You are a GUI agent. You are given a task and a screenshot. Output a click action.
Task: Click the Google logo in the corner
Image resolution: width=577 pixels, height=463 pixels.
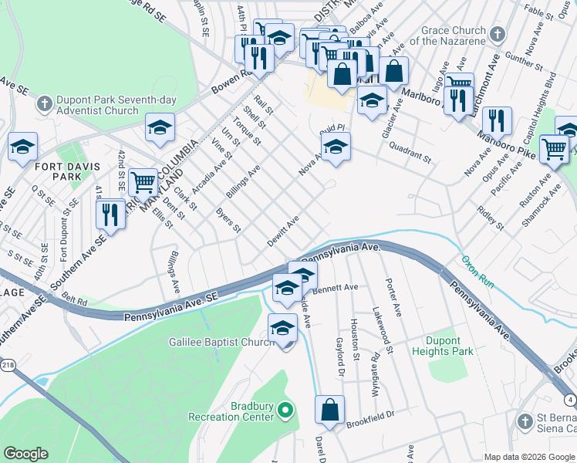(x=25, y=454)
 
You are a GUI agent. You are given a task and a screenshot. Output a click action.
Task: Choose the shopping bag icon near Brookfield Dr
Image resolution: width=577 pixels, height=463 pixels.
(x=329, y=411)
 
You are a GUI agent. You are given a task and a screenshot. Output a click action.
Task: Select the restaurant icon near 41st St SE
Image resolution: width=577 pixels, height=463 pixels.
(x=111, y=212)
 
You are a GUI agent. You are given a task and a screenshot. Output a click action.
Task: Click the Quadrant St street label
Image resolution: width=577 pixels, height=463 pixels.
(x=410, y=151)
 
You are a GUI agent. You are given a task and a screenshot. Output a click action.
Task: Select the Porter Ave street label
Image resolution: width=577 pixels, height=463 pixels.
(x=393, y=297)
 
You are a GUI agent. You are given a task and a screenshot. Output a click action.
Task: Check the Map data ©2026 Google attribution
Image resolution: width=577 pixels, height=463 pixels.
(x=529, y=457)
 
